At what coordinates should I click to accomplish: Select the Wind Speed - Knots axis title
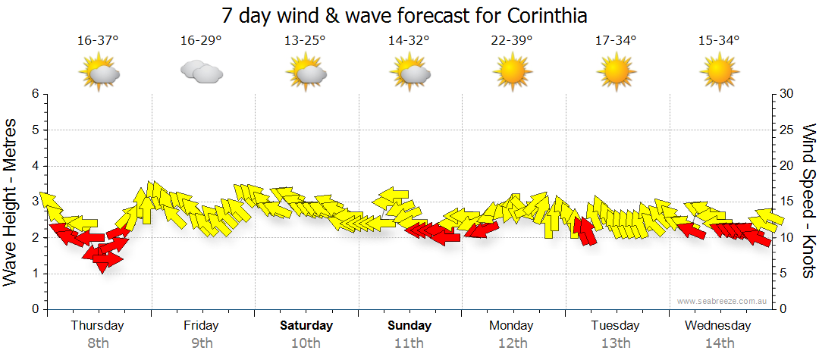click(x=808, y=201)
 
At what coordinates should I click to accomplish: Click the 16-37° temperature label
click(x=98, y=41)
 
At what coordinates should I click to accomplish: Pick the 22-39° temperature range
click(x=511, y=41)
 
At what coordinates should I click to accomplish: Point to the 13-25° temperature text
click(x=305, y=41)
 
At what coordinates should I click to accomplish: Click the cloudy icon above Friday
click(x=201, y=72)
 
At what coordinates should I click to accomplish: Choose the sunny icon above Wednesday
click(x=718, y=73)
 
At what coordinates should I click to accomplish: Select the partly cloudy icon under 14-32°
click(x=410, y=74)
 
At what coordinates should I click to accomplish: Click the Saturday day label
click(x=306, y=326)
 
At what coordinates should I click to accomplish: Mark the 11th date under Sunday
click(x=409, y=343)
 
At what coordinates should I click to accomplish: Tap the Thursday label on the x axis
click(x=97, y=326)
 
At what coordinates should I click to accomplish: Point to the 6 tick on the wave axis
click(x=35, y=94)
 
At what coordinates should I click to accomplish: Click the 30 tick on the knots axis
click(x=787, y=94)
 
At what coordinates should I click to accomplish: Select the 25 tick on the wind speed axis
click(x=787, y=130)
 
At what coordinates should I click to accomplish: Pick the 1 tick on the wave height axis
click(x=35, y=274)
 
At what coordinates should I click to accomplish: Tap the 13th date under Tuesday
click(x=615, y=343)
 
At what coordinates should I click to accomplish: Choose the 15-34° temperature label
click(x=719, y=41)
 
